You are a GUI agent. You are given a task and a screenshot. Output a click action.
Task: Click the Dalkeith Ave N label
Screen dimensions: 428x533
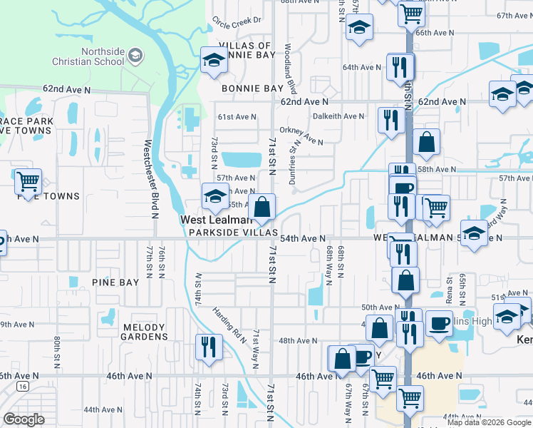pos(339,116)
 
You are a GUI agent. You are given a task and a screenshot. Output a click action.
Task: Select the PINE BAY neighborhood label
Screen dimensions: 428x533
pos(115,282)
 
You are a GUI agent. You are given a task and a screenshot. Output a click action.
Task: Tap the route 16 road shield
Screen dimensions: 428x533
pos(22,386)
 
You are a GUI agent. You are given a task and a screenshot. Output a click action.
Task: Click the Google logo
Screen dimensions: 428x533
pos(24,419)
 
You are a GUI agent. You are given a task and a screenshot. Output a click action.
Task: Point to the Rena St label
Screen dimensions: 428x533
pos(449,275)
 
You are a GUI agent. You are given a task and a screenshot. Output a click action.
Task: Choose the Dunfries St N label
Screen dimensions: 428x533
pos(293,163)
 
